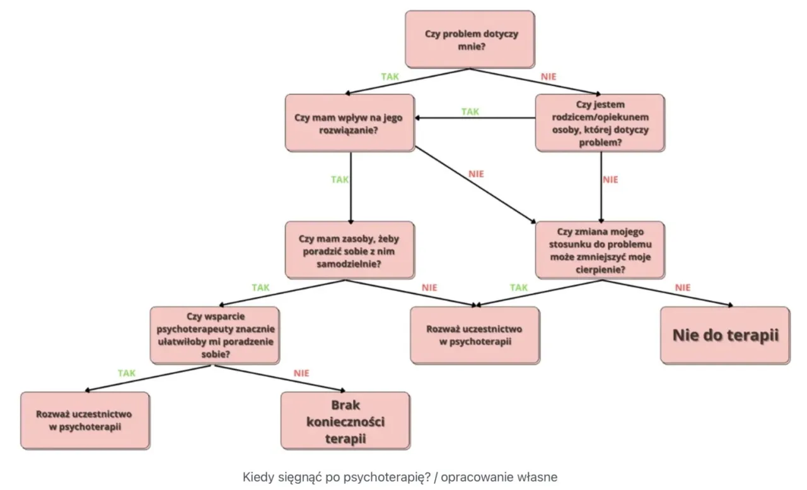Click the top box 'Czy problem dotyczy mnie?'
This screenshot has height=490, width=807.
[470, 39]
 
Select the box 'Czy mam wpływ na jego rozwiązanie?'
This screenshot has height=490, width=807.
[349, 123]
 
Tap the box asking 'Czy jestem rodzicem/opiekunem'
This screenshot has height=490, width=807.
[600, 123]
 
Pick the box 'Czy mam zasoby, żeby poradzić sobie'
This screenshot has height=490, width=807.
[349, 250]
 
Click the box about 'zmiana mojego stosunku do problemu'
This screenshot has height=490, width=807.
[600, 250]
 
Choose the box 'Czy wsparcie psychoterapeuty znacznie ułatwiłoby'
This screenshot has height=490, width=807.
[215, 335]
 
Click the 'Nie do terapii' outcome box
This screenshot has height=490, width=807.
[725, 335]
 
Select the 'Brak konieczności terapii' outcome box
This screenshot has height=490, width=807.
[345, 421]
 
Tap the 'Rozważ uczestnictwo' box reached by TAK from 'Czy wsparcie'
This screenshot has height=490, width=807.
[85, 421]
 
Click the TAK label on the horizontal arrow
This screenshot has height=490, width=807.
[470, 112]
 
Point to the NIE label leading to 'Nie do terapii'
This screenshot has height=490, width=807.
[683, 288]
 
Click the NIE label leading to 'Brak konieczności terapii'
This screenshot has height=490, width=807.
[301, 373]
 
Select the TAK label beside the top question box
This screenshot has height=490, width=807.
[390, 76]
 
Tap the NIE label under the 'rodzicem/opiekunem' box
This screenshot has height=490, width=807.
[610, 179]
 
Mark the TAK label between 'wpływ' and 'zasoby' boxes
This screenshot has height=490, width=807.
[340, 179]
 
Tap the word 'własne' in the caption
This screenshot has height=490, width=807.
[539, 477]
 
